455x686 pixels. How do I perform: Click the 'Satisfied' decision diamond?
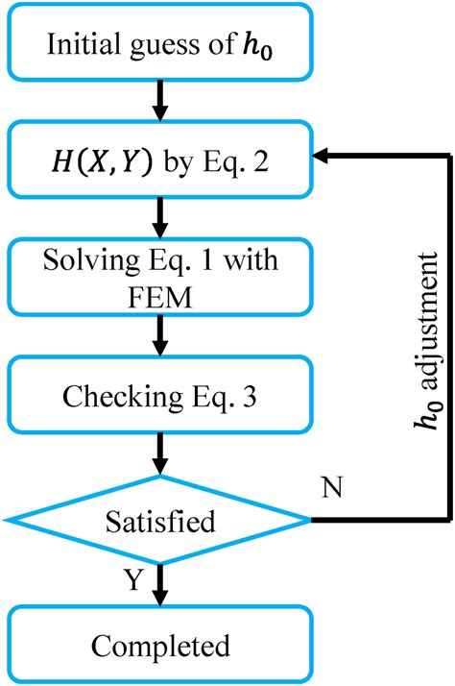pyautogui.click(x=160, y=521)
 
